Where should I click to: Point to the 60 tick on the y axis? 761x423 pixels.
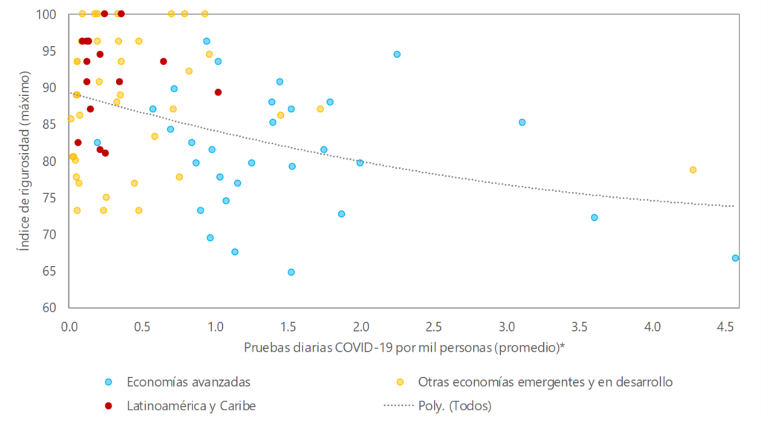coord(49,307)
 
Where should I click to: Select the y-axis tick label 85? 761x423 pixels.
coord(49,124)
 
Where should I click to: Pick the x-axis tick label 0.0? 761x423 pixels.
coord(68,326)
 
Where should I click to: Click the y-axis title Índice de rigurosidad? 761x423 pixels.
coord(25,161)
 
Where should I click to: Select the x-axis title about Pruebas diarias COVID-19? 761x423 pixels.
coord(404,347)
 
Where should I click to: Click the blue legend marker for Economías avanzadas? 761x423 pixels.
coord(109,382)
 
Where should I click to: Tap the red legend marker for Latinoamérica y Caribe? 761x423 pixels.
coord(109,405)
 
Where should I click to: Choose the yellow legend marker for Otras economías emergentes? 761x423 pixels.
coord(401,382)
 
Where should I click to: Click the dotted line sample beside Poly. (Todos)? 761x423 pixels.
coord(401,405)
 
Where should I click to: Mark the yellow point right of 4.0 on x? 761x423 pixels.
coord(693,169)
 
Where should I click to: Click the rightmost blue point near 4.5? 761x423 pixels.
coord(735,258)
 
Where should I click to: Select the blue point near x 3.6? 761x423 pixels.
coord(595,217)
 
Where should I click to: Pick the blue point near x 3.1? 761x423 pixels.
coord(522,122)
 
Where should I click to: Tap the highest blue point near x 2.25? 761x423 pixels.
coord(397,54)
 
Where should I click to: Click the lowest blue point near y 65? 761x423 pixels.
coord(291,272)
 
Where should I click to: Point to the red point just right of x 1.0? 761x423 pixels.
coord(218,92)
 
